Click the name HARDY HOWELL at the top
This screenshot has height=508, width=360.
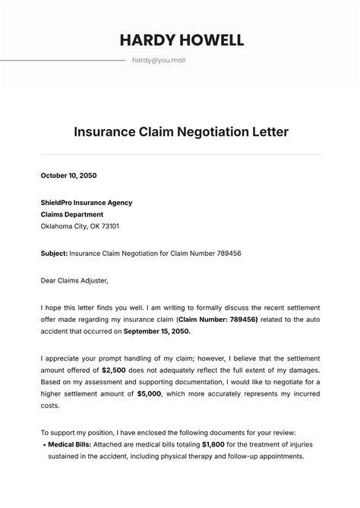(181, 40)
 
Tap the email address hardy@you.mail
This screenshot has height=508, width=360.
(158, 60)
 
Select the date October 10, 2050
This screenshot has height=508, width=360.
(68, 175)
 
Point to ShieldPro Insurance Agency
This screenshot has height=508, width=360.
(87, 203)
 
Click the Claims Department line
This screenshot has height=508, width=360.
(71, 214)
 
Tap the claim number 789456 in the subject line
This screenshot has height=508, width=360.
(226, 253)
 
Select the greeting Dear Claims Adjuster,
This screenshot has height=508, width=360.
(74, 280)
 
